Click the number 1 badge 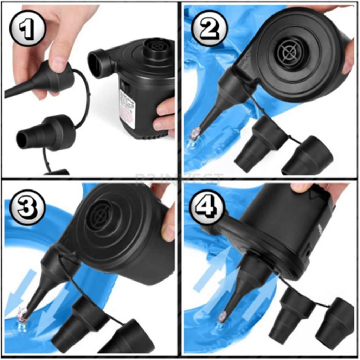pyautogui.click(x=27, y=28)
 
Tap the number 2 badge pyautogui.click(x=210, y=28)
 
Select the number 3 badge pyautogui.click(x=27, y=207)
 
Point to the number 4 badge pyautogui.click(x=207, y=207)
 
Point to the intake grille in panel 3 pyautogui.click(x=99, y=215)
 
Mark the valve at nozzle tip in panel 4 pyautogui.click(x=222, y=316)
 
